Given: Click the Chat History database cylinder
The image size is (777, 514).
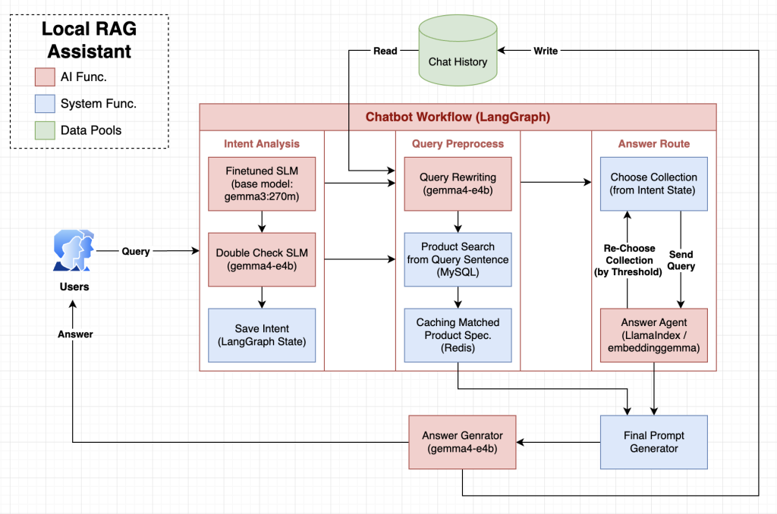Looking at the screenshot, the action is coord(458,50).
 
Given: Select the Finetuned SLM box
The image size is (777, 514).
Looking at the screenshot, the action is coord(262,184).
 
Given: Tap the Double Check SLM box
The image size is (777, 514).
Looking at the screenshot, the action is coord(262,259).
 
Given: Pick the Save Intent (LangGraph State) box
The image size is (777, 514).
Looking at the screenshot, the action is coord(262,335).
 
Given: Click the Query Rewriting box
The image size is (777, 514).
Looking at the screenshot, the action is coord(458,184).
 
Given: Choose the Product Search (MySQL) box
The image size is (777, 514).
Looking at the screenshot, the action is coord(458,259).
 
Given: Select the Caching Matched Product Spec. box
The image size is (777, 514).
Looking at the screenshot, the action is coord(458,335).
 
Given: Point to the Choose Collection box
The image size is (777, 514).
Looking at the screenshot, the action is coord(653,184).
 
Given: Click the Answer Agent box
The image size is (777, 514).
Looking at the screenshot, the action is coord(653,335).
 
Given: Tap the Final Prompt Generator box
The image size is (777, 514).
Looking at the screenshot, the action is coord(653,442).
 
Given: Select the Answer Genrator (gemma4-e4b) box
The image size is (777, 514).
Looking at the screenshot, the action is coord(462,442).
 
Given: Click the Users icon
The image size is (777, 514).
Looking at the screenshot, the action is coord(74,250).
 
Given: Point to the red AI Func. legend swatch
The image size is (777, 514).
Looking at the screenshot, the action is coord(45,77).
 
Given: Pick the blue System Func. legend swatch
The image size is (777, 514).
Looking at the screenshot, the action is coord(45,104).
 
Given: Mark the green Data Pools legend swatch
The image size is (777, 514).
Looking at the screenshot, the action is coord(45,130).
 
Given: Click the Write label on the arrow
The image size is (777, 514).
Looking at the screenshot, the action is coord(546,51).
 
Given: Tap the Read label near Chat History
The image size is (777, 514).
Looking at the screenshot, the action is coord(385,51).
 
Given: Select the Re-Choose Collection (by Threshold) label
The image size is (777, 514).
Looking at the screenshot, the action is coord(628,260).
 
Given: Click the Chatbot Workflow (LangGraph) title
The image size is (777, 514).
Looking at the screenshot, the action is coord(458,117).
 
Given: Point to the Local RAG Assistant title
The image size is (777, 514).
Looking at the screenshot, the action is coord(90,40).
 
